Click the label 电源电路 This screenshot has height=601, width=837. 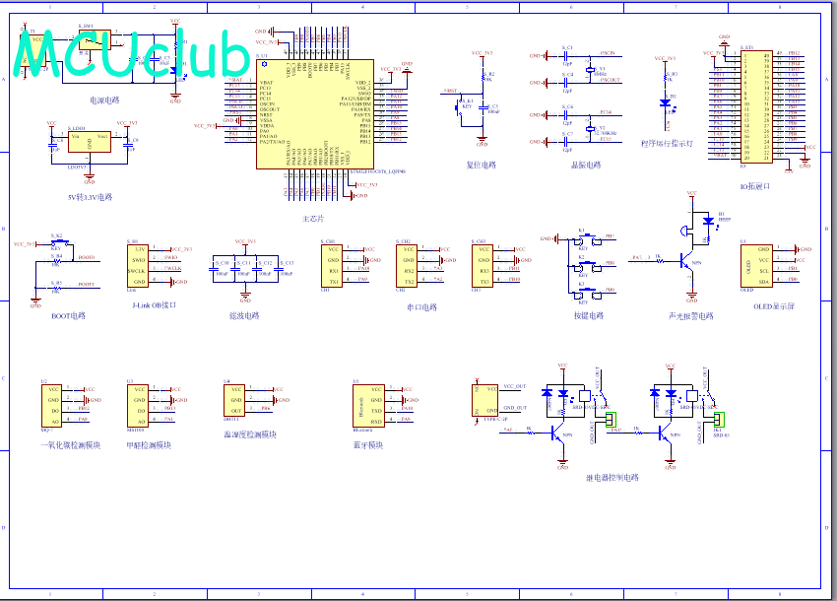point(104,100)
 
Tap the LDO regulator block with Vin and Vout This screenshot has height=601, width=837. point(89,142)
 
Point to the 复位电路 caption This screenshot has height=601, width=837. point(482,166)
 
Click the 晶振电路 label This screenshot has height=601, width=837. point(585,166)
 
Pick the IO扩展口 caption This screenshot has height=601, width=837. point(755,185)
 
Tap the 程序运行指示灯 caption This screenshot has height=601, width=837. point(667,143)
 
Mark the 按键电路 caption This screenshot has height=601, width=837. point(588,316)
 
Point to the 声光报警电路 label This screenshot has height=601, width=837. point(691,316)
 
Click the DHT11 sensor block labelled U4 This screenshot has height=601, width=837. point(236,399)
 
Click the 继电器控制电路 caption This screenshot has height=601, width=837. point(612,478)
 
